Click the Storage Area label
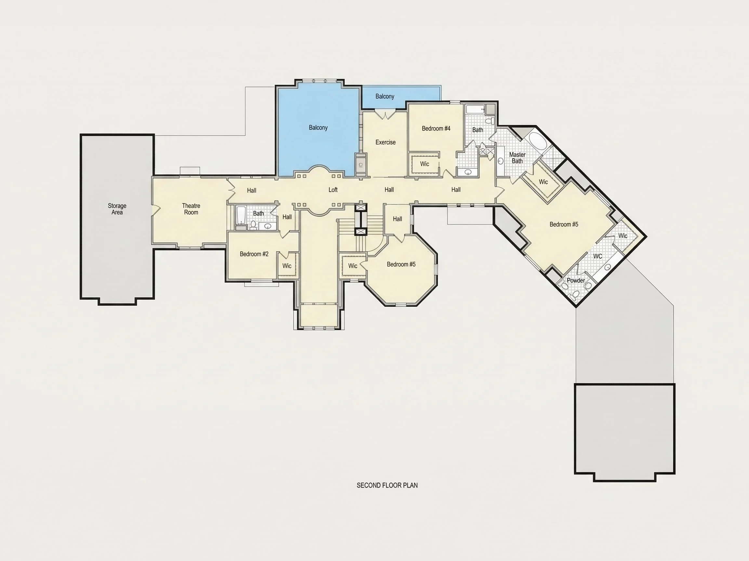[x=117, y=209]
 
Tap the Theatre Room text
[x=191, y=209]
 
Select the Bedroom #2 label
[x=254, y=254]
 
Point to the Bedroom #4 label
[x=436, y=129]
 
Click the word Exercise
[x=385, y=143]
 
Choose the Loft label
[x=333, y=190]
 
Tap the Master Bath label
[x=518, y=158]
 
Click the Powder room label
[x=576, y=280]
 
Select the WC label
[x=598, y=256]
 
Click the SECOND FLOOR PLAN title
[x=387, y=485]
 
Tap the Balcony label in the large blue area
[x=318, y=128]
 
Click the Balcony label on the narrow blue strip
[x=385, y=96]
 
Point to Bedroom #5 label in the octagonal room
[x=401, y=264]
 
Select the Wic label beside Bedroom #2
[x=287, y=266]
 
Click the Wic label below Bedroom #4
[x=425, y=164]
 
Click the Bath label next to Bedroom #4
[x=478, y=130]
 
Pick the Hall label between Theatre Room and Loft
[x=252, y=190]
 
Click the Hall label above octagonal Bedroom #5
[x=398, y=219]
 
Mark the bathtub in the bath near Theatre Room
[x=241, y=215]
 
